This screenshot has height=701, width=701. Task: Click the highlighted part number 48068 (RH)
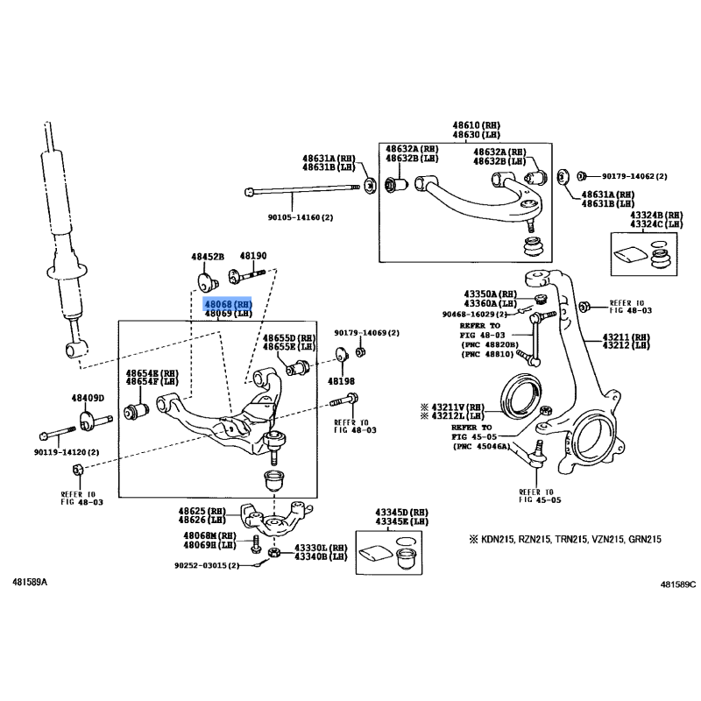click(228, 302)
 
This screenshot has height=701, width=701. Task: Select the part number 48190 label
click(253, 256)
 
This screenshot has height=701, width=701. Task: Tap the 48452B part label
click(209, 256)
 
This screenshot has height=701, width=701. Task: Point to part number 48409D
click(88, 399)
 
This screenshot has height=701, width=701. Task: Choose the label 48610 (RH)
click(476, 124)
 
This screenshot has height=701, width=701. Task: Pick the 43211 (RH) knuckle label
click(626, 337)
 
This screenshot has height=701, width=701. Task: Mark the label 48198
click(341, 382)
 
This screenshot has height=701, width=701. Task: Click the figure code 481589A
click(31, 582)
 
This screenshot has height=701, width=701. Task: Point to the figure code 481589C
click(677, 583)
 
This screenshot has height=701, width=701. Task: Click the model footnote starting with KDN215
click(570, 540)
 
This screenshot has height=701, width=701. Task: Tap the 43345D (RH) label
click(402, 511)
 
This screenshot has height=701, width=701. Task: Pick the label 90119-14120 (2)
click(67, 453)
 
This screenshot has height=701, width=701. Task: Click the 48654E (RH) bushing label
click(152, 372)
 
